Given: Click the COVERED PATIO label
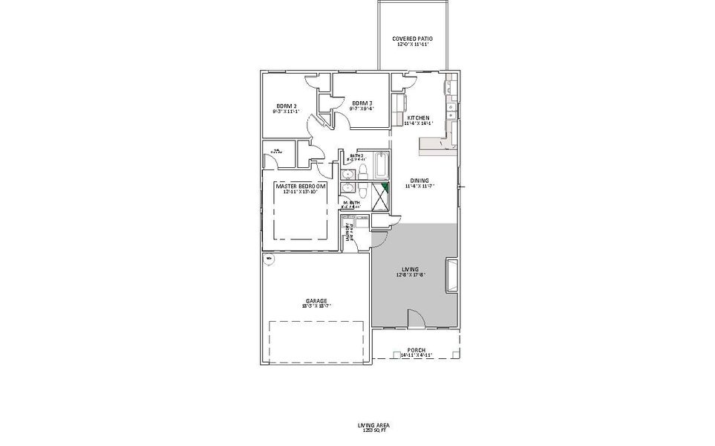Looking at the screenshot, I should (412, 39).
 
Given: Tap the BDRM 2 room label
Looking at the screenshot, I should (287, 106).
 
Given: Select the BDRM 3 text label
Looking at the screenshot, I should (362, 103).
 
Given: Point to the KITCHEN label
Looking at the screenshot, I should (419, 117).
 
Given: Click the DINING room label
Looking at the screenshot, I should (419, 181).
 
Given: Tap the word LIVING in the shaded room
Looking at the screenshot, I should (411, 269).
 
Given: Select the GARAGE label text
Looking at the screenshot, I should (316, 301).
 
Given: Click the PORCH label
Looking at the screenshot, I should (416, 351).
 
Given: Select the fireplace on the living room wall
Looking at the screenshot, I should (451, 276).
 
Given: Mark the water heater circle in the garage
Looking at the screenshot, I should (269, 259).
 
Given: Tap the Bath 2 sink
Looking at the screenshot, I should (347, 175).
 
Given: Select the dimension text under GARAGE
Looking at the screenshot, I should (316, 306).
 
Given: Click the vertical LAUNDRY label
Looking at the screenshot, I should (347, 232).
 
